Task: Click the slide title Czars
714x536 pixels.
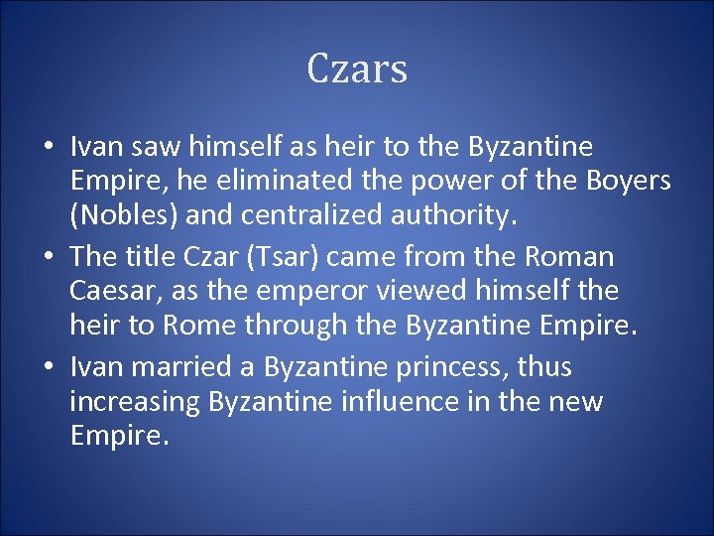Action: click(x=357, y=69)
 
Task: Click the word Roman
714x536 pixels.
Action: click(x=572, y=256)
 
